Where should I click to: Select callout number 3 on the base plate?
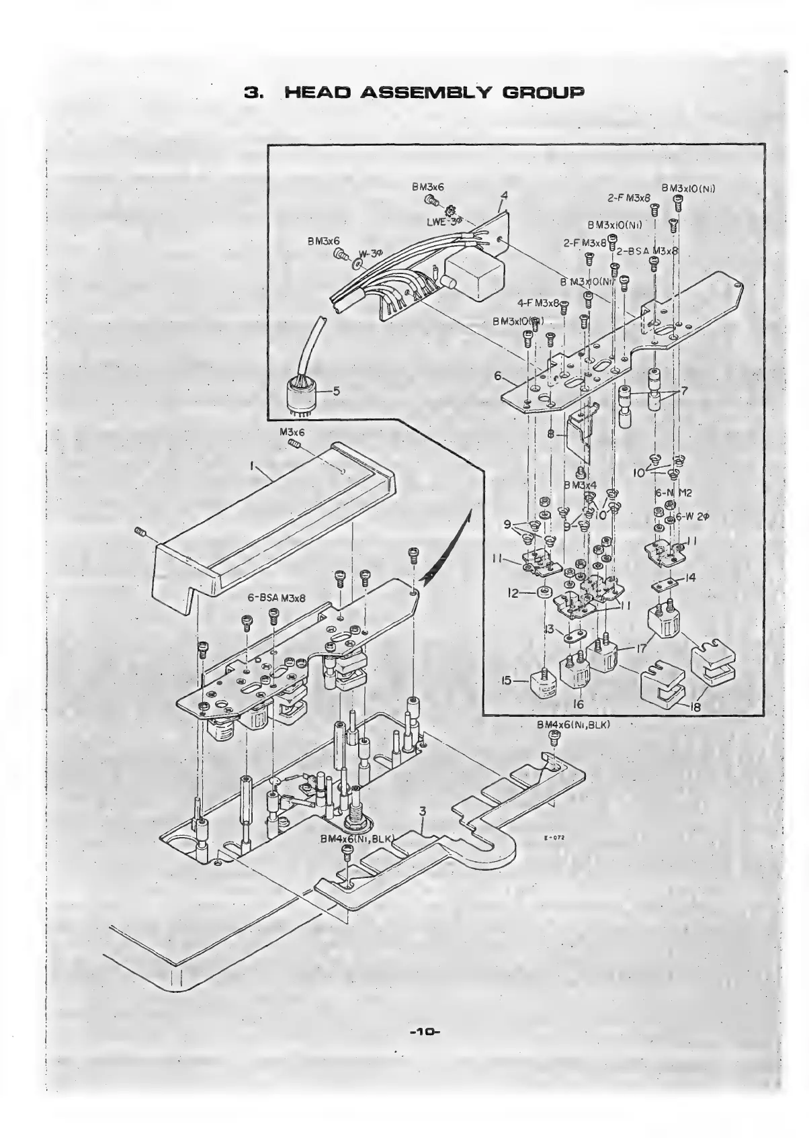[422, 812]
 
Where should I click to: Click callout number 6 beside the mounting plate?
[498, 376]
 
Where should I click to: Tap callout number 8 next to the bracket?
[550, 435]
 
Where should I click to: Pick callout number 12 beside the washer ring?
[513, 594]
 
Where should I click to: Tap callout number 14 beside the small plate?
[690, 578]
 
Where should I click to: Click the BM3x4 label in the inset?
[580, 485]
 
